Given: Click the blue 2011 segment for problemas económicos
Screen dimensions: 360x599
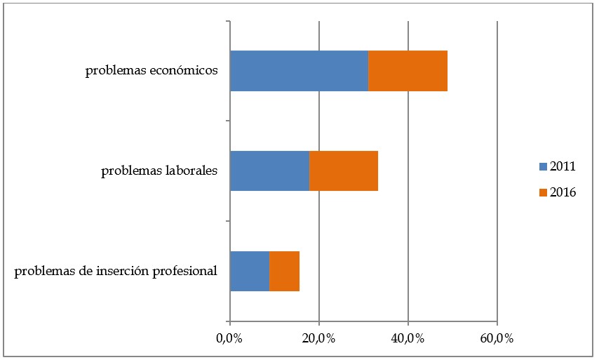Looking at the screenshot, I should point(299,71).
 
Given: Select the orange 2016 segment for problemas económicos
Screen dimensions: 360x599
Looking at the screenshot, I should point(408,71).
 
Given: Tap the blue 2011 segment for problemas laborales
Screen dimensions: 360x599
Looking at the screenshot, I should point(269,171).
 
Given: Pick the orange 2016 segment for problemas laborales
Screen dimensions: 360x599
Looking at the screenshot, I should point(344,171).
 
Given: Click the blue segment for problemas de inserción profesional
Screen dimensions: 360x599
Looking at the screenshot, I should point(250,271).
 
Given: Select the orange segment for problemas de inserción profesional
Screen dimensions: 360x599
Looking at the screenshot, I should point(284,271).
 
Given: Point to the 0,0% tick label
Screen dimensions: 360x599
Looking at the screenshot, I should point(229,338).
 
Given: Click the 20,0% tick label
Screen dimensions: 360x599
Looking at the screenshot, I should point(318,338).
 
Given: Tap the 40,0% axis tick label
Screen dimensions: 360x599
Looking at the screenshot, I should point(408,338).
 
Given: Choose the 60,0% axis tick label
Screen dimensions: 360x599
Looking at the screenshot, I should point(497,338).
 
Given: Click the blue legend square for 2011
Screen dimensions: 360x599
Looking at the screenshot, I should point(541,167).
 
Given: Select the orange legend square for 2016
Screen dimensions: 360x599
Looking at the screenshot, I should point(541,192).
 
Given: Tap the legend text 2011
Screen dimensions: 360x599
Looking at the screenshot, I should point(563,167).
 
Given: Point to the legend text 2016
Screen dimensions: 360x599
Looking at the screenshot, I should point(563,192).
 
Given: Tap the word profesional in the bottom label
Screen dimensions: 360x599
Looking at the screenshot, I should point(185,271).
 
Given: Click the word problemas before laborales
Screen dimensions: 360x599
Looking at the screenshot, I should point(130,171).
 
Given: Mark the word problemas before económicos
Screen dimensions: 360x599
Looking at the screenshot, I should point(115,71).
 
